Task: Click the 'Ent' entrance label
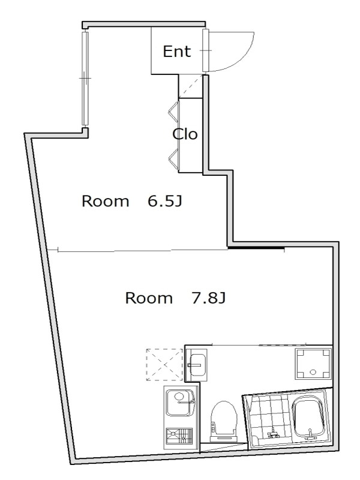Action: tap(176, 51)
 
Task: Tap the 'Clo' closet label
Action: tap(185, 134)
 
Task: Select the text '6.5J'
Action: tap(165, 201)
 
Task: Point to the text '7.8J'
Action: tap(208, 298)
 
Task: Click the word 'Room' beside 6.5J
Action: tap(106, 201)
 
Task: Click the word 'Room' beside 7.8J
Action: tap(149, 298)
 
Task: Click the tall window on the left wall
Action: tap(85, 79)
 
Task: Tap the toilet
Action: tap(224, 421)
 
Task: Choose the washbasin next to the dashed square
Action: tap(197, 364)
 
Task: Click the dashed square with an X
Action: tap(164, 364)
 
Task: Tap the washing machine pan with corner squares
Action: tap(313, 364)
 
